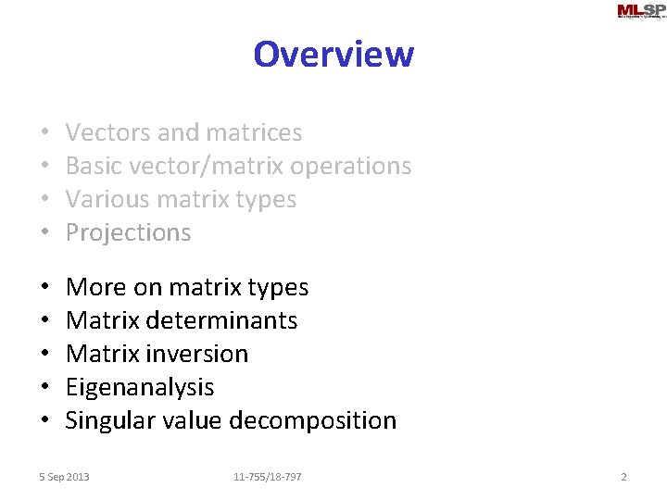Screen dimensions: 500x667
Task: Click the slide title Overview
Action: pos(333,54)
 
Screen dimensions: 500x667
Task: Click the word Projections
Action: pos(128,232)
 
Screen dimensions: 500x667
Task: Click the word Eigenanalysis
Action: pos(140,387)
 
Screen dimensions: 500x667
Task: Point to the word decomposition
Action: pos(312,420)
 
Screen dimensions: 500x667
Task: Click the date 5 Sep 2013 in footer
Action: pos(64,477)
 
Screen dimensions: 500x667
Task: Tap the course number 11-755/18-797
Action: pos(267,477)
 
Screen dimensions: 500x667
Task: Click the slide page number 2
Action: pos(623,477)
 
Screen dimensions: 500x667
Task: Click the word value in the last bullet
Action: pos(194,420)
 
